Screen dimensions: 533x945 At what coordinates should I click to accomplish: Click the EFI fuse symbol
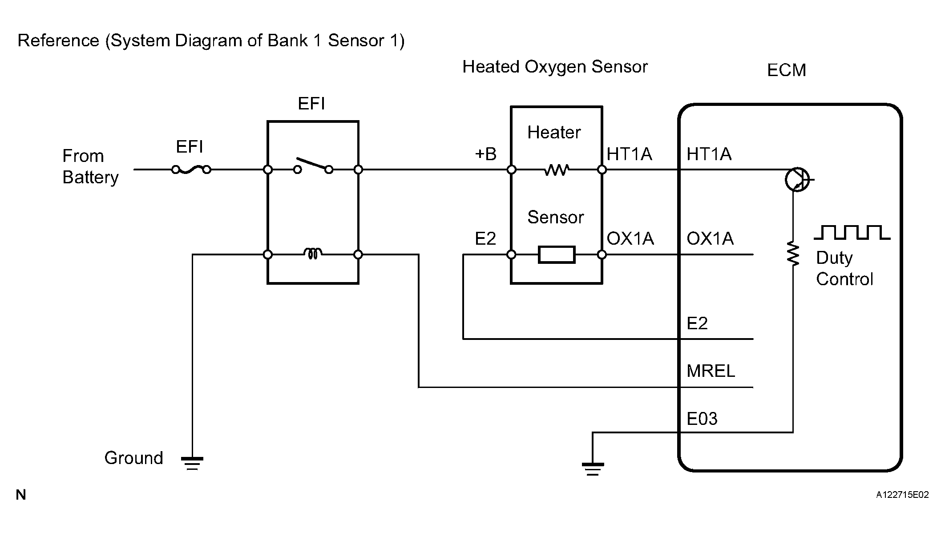point(191,170)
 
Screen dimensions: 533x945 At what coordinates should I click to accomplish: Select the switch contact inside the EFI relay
point(313,165)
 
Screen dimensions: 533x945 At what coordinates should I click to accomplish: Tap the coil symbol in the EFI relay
point(313,254)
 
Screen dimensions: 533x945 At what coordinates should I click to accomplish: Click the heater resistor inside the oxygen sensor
point(557,170)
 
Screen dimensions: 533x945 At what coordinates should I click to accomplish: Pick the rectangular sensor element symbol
point(557,254)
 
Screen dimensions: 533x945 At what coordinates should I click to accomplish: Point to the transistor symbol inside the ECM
point(797,180)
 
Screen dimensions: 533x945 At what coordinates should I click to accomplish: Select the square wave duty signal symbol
point(852,232)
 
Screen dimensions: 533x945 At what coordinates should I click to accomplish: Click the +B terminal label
point(485,154)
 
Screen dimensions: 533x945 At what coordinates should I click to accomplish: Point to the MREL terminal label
point(711,371)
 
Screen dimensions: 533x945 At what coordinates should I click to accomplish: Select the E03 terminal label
point(702,419)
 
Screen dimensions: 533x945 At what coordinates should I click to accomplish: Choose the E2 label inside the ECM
point(697,323)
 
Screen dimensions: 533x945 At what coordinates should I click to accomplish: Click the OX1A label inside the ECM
point(710,238)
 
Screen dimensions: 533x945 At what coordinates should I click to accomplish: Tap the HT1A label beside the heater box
point(629,154)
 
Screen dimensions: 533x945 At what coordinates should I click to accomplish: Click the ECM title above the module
point(786,70)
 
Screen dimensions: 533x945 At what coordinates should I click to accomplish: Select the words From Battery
point(90,166)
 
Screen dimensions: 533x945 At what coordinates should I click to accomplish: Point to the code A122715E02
point(902,495)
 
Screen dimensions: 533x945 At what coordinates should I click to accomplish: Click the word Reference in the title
point(58,40)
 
